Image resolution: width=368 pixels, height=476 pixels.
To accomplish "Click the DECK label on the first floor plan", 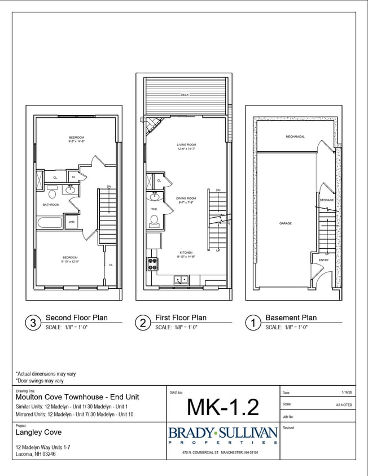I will coord(185,95).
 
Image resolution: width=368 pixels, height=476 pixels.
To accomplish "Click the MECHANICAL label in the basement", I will coord(295,136).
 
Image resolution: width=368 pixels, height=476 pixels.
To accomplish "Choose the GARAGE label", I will coord(285,223).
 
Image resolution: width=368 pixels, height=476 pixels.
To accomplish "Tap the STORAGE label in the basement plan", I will coord(327,200).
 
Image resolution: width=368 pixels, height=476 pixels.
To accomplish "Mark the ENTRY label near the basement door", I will coord(323,260).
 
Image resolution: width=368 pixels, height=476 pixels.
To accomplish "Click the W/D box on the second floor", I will coord(72,222).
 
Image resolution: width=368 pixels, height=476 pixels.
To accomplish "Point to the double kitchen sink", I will coord(181,279).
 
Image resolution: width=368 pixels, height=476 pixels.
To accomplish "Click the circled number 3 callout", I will coord(33,323).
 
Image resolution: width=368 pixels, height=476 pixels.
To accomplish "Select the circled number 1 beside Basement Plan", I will coord(253,323).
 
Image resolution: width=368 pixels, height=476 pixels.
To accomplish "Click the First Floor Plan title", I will coord(181,318).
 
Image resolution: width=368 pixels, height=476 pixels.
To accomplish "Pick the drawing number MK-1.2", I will coord(223,406).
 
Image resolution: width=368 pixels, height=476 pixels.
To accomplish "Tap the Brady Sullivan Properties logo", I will coord(223,435).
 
